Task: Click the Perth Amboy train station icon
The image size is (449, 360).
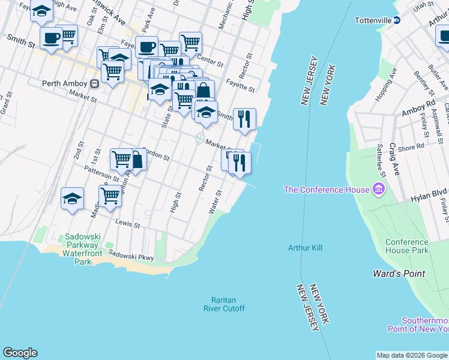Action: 94,84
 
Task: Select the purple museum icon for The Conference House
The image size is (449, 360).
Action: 378,190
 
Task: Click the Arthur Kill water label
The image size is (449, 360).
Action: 306,248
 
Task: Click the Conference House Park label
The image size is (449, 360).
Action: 407,246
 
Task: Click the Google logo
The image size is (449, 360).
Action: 20,353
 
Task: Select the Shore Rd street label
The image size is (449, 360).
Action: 411,146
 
